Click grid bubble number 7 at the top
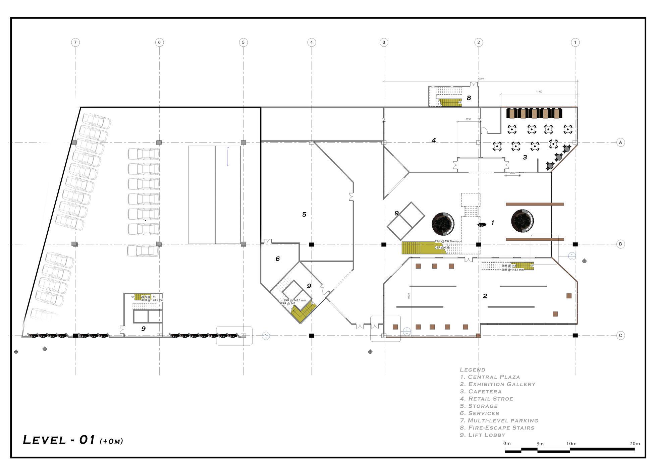click(75, 42)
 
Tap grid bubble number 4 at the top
click(311, 42)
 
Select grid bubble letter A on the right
click(620, 142)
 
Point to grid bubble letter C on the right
click(620, 335)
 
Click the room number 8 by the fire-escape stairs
click(469, 98)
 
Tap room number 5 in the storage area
click(304, 215)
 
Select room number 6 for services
click(277, 259)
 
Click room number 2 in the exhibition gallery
click(485, 296)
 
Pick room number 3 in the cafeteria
click(525, 157)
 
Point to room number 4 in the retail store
click(433, 140)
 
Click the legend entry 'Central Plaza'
click(490, 377)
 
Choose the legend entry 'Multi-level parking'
click(499, 420)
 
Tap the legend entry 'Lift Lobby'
click(482, 435)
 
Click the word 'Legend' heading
click(472, 370)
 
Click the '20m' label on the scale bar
click(634, 444)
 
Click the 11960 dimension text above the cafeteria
click(539, 92)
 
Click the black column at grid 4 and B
click(311, 244)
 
